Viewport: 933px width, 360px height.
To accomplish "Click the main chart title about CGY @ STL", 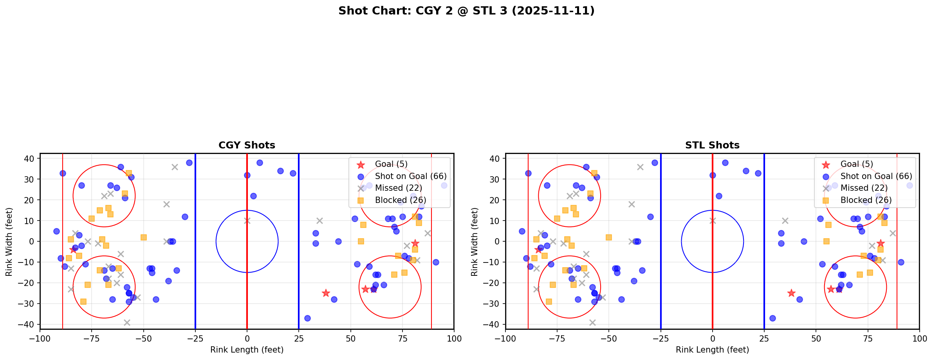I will [466, 11].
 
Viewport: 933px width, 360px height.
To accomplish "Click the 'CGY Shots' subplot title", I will [247, 145].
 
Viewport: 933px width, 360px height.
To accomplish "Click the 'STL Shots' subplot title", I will [712, 145].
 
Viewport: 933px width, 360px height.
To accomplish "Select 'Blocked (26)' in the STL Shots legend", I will [866, 200].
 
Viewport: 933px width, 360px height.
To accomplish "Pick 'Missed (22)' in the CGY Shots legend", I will [398, 188].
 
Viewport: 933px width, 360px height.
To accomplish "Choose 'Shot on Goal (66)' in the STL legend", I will [876, 176].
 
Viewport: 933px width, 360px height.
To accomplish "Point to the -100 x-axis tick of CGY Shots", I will [40, 338].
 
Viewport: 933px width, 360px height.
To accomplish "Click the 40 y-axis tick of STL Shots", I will [494, 159].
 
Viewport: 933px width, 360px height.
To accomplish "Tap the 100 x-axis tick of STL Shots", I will [919, 338].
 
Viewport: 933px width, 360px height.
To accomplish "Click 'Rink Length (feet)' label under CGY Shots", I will [247, 350].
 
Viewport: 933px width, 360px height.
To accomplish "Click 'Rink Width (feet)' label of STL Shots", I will [475, 242].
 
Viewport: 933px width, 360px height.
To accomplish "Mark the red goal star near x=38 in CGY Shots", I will [326, 293].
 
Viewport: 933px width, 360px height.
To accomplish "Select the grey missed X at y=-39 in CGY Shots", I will [127, 322].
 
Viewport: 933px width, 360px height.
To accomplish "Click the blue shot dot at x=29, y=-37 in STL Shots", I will [772, 318].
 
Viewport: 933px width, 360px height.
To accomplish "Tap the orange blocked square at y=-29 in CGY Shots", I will [83, 302].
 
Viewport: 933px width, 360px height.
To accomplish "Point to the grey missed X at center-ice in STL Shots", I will [713, 221].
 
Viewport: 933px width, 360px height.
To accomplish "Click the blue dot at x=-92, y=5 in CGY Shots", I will [56, 231].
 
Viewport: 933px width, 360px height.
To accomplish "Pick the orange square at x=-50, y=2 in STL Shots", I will [609, 237].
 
